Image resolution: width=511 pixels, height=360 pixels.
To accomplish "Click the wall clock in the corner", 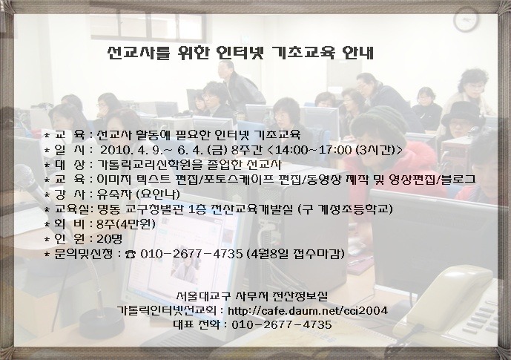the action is (467, 19).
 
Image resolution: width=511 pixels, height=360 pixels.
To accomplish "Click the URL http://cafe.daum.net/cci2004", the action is (308, 310).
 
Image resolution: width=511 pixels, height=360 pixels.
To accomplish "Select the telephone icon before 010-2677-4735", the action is (131, 254).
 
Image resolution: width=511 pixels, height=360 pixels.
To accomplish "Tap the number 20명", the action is (110, 239).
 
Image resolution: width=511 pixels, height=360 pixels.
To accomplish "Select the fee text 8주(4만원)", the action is (126, 224).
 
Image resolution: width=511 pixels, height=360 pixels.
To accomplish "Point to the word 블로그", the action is (459, 180).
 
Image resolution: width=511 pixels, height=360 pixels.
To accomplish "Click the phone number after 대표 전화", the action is (282, 325).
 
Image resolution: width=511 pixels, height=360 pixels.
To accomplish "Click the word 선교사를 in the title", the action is (139, 53).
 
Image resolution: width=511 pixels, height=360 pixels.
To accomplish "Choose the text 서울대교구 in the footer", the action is (203, 296).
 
